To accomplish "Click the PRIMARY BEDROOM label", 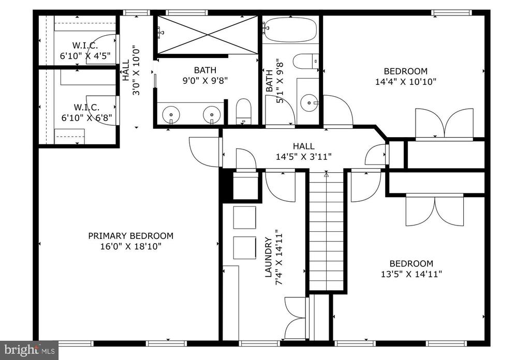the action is point(131,236).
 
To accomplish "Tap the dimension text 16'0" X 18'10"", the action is point(131,246).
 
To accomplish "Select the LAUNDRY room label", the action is point(269,258).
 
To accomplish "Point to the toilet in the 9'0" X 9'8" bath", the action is point(243,111).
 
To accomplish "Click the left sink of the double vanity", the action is point(172,115).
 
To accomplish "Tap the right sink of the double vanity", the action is point(212,115).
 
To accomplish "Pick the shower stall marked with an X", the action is point(207,35).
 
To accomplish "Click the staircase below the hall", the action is point(327,231).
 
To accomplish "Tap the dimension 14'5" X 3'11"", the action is point(303,157).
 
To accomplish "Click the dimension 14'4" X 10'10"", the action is point(406,82).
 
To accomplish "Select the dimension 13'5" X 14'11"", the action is point(411,274).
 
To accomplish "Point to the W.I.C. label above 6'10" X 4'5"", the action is point(85,45).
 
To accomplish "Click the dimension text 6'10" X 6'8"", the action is point(86,118).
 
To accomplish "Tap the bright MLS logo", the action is point(29,350).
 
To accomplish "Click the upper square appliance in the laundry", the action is point(244,217).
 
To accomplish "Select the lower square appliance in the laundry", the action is point(244,248).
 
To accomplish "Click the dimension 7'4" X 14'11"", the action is point(279,258).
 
